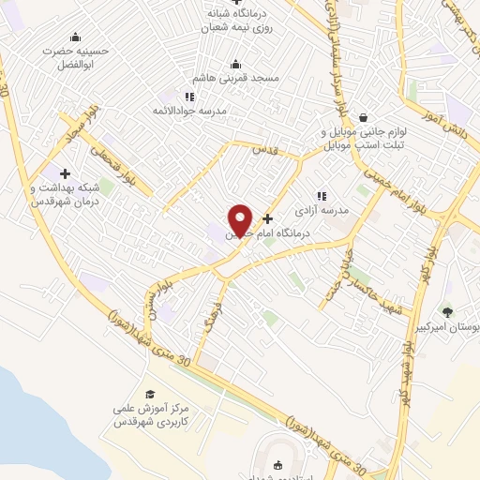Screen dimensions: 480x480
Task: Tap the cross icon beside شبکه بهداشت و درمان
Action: [65, 173]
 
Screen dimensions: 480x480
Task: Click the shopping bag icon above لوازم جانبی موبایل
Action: [363, 117]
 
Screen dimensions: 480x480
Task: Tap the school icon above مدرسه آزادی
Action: [322, 196]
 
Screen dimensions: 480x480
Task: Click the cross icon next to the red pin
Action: [268, 217]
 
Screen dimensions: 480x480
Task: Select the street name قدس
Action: [268, 150]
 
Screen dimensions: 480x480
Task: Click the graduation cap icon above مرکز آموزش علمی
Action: [150, 394]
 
